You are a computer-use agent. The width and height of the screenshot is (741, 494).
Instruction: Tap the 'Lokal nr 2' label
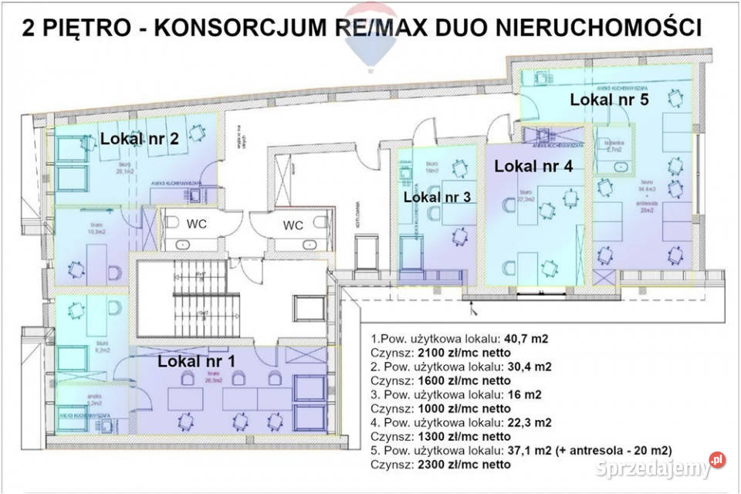[140, 139]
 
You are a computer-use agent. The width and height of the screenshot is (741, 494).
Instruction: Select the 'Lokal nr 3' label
[437, 197]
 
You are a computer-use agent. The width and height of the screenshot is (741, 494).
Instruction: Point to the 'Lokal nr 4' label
[533, 165]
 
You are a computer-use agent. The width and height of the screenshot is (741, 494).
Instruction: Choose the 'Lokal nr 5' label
[609, 99]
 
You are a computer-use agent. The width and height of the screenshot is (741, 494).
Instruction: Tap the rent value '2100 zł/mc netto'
[465, 352]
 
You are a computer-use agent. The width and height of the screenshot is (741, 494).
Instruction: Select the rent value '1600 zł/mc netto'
[465, 380]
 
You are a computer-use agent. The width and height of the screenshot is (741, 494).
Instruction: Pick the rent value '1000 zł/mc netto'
[465, 408]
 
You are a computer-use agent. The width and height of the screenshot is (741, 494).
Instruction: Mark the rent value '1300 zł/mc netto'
[465, 436]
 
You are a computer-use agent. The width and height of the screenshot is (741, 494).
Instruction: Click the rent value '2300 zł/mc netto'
[465, 465]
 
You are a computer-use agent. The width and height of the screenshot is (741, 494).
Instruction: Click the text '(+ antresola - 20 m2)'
[614, 451]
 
